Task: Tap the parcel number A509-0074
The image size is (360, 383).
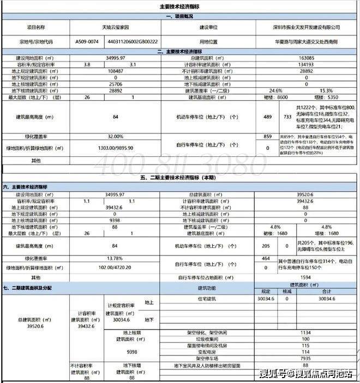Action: (x=87, y=41)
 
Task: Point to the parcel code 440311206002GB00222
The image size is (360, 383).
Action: (x=133, y=41)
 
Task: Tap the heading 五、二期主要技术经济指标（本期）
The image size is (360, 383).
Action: (x=180, y=177)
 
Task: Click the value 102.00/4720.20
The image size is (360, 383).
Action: (x=115, y=268)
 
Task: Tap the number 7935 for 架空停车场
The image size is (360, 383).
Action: (x=306, y=359)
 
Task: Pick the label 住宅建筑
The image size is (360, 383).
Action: (x=206, y=299)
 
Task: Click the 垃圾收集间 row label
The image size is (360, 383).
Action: (x=206, y=339)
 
